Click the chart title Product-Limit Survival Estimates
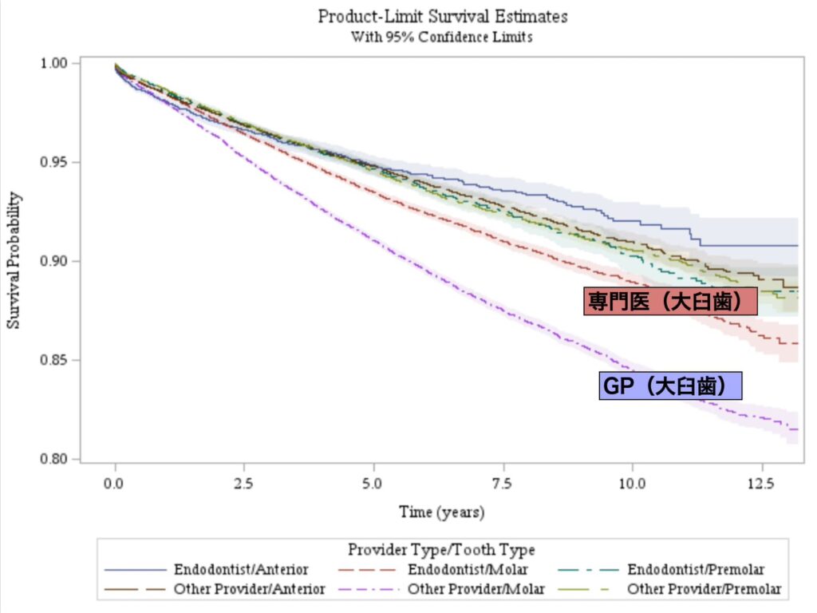442,16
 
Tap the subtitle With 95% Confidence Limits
442,37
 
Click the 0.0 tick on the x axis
116,484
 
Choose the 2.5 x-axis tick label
245,484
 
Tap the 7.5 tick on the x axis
503,484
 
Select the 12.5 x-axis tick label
762,484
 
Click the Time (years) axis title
442,512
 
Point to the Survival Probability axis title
14,261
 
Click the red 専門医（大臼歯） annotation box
670,301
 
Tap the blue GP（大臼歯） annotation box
670,386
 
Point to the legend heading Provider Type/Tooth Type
441,550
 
